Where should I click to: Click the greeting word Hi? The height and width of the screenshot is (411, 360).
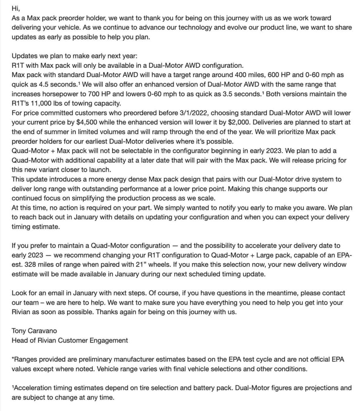pos(16,8)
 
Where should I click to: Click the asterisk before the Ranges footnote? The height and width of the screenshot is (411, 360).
pos(13,360)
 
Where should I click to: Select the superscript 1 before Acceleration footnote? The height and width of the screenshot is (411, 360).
pos(13,389)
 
